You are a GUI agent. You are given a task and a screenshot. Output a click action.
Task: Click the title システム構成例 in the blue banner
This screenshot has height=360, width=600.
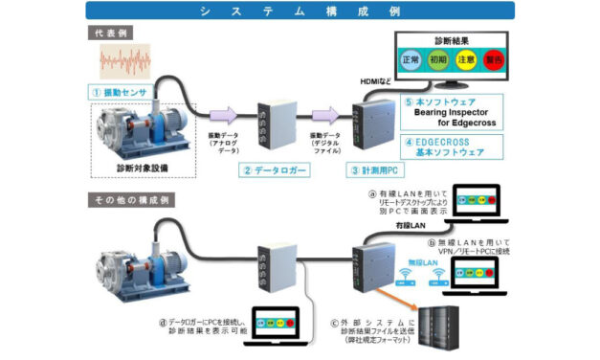[300, 11]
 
